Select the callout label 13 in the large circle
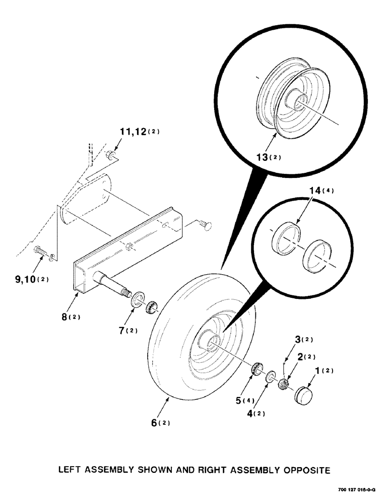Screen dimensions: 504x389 (266, 157)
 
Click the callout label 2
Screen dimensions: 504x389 (306, 357)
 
